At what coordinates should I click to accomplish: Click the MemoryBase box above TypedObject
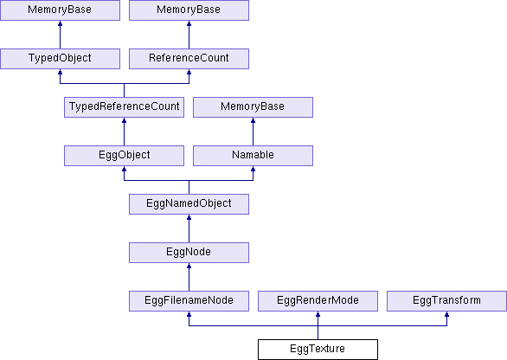[61, 10]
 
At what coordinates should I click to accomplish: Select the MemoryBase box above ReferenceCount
[189, 10]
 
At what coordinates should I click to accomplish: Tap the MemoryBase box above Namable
[253, 107]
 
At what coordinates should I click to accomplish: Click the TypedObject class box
[61, 59]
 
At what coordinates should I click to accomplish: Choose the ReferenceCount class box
[189, 59]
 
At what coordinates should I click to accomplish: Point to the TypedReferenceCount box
[125, 107]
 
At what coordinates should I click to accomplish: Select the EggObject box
[125, 156]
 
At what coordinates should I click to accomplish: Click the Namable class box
[253, 156]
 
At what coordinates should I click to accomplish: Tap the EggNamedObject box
[189, 204]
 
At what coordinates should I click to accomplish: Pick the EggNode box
[189, 253]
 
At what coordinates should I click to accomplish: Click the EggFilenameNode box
[189, 301]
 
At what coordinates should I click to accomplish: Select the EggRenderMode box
[318, 301]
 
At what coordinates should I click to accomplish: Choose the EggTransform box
[446, 301]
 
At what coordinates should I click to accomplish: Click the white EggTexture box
[318, 350]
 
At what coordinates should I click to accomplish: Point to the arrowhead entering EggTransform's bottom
[446, 314]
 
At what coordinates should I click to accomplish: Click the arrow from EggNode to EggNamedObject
[189, 228]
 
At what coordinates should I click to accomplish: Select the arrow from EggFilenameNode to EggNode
[189, 277]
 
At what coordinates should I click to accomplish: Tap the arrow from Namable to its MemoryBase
[253, 132]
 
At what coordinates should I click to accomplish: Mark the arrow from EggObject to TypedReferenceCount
[125, 132]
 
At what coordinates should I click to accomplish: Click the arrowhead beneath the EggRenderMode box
[318, 314]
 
